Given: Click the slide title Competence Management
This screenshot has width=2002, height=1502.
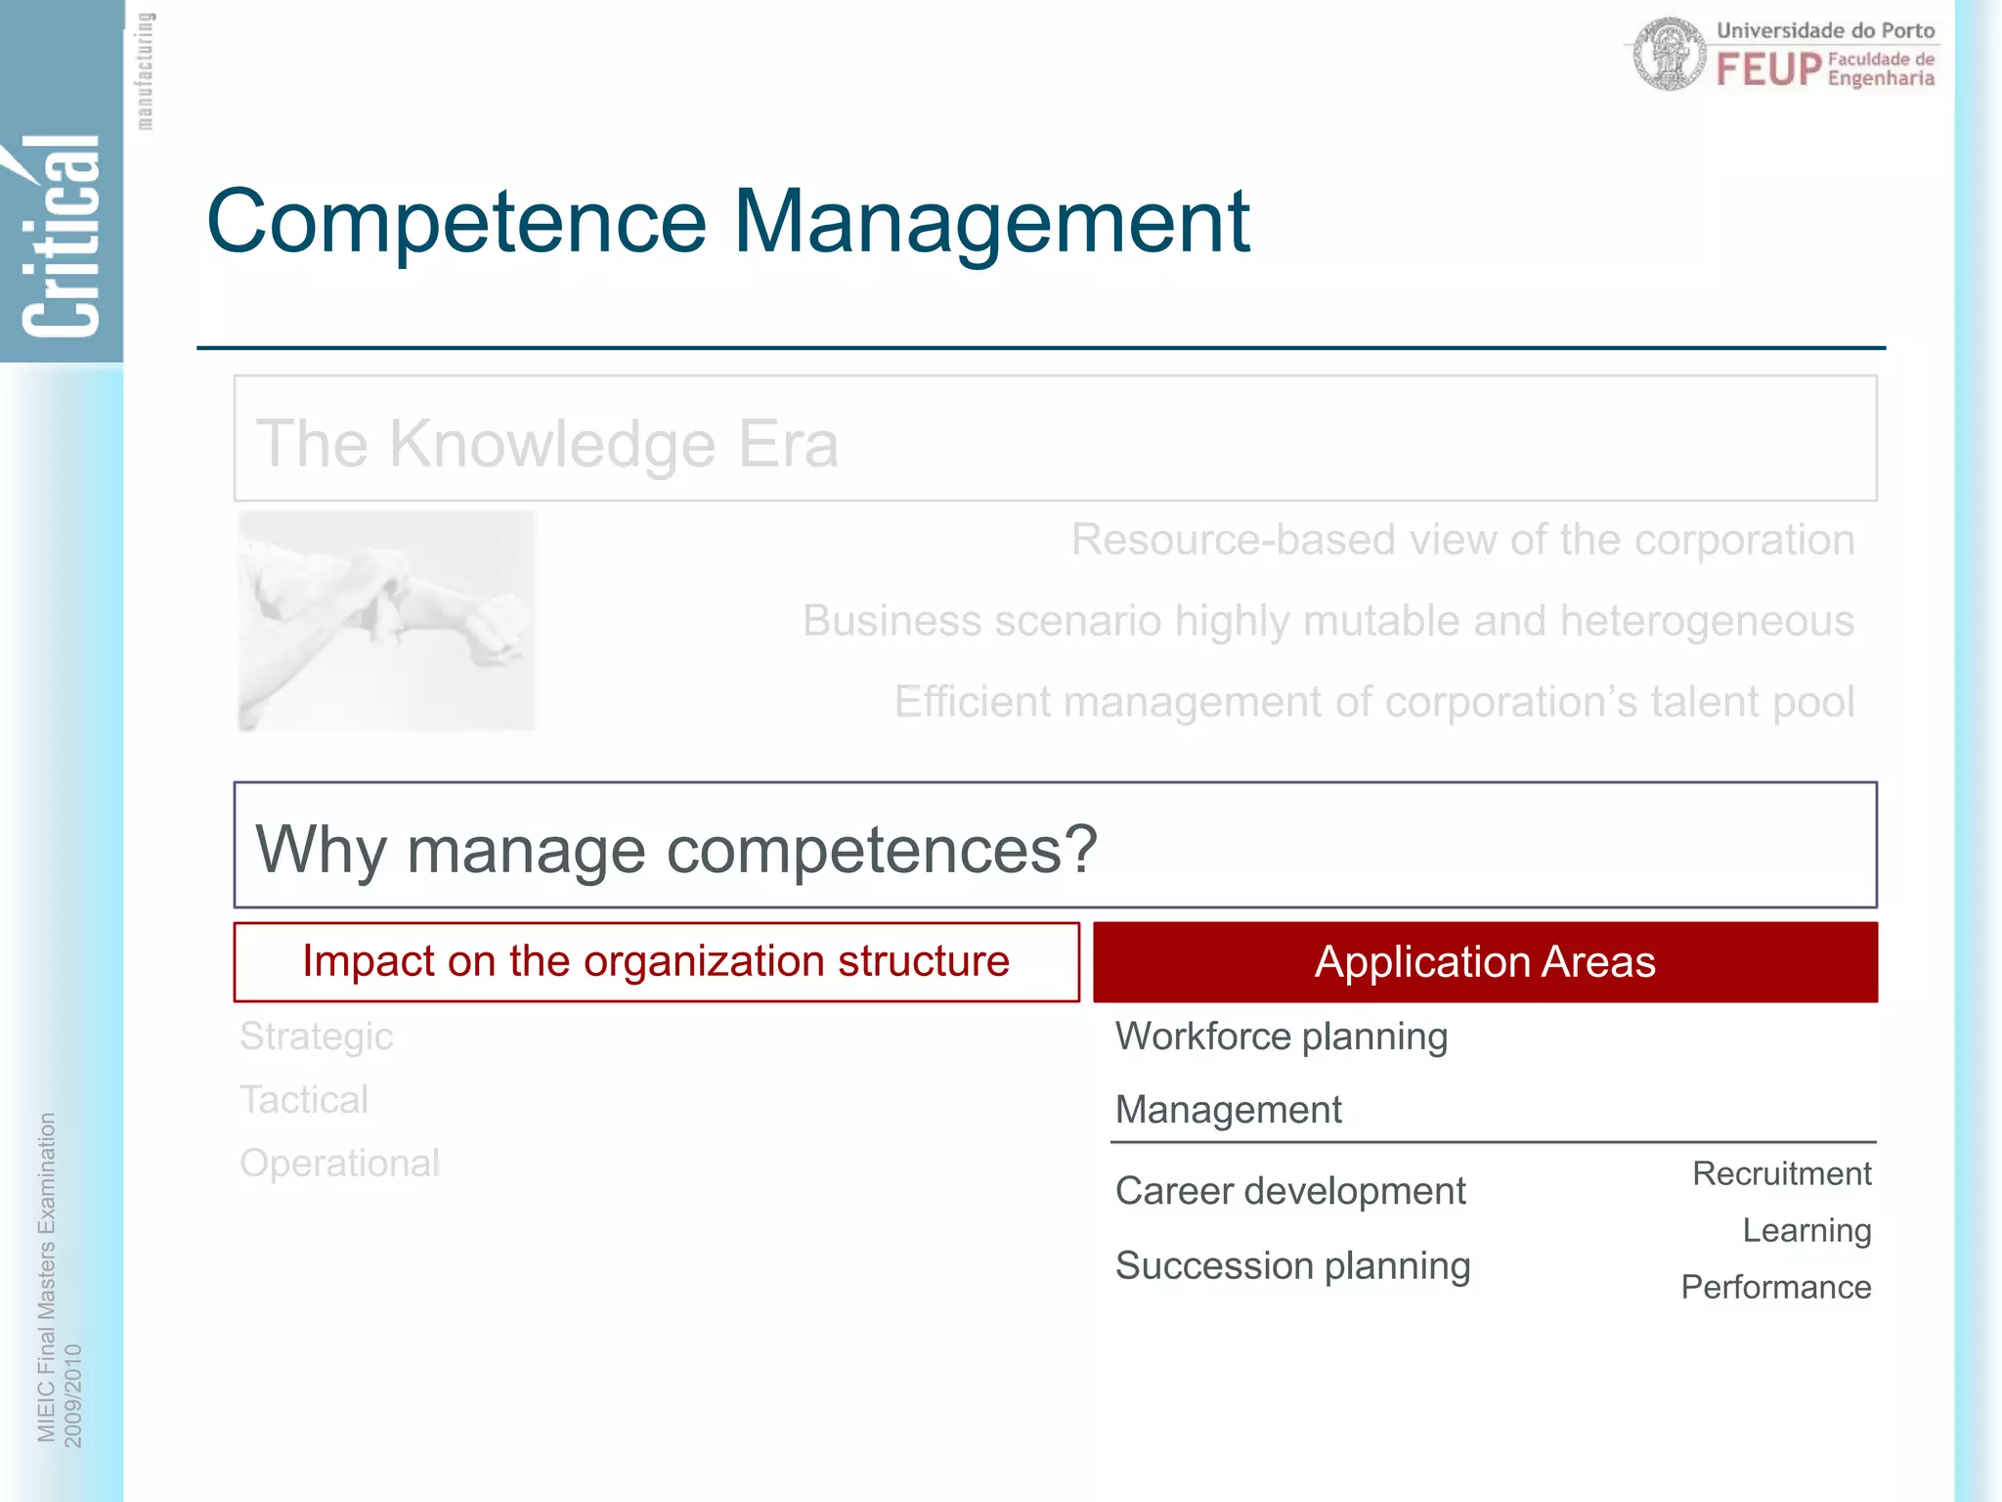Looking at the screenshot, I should coord(727,222).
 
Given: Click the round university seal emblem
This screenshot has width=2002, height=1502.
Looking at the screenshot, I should coord(1670,55).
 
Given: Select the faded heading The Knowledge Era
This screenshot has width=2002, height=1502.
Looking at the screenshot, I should coord(547,444).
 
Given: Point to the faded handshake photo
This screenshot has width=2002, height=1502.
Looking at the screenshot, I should coord(387,621).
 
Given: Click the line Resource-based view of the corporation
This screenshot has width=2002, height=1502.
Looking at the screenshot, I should coord(1462,540).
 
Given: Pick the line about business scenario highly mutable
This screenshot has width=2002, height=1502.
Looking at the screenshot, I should coord(1327,621).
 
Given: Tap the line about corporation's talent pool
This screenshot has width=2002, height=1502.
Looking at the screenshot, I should coord(1373,702).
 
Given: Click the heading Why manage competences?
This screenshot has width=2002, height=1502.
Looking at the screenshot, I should coord(676,849).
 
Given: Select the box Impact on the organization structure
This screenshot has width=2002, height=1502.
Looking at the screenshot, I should coord(656,961).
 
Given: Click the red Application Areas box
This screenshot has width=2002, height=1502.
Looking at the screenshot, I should coord(1484,962).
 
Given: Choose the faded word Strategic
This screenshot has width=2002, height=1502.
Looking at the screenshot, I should coord(316,1037).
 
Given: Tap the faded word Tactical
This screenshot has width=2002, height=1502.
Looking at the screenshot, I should coord(304,1100).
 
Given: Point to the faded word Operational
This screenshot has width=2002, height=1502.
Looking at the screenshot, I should coord(339,1164).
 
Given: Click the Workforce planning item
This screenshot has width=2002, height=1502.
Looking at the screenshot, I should coord(1281,1037).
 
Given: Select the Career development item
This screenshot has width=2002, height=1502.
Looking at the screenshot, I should coord(1289,1191).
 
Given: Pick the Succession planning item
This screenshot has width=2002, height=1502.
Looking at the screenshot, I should coord(1292,1266).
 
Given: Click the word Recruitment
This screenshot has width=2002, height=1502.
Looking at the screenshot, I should coord(1781,1173).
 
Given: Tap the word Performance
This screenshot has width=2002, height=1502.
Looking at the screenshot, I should coord(1775,1287).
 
